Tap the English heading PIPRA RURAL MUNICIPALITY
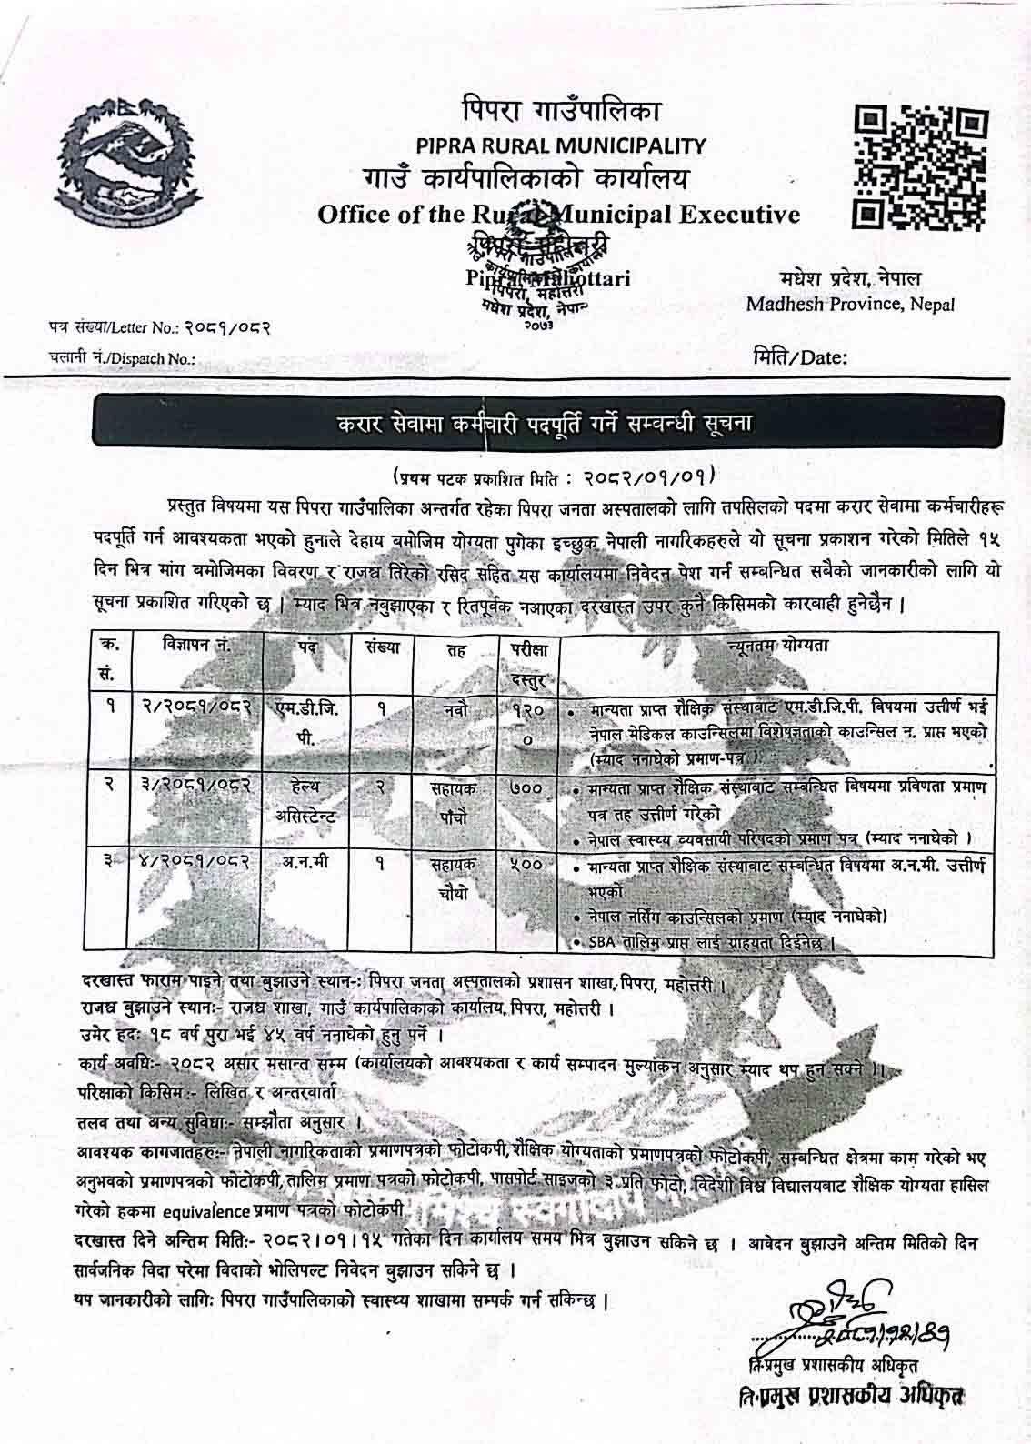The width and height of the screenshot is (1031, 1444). click(x=559, y=145)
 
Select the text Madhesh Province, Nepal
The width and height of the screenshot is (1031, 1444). click(x=850, y=304)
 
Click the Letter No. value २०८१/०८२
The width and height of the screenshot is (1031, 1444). click(x=224, y=325)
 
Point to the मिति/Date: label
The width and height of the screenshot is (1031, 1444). click(x=800, y=356)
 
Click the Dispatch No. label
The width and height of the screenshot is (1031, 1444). click(x=122, y=359)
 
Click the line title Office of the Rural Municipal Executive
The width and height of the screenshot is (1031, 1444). click(x=559, y=215)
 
